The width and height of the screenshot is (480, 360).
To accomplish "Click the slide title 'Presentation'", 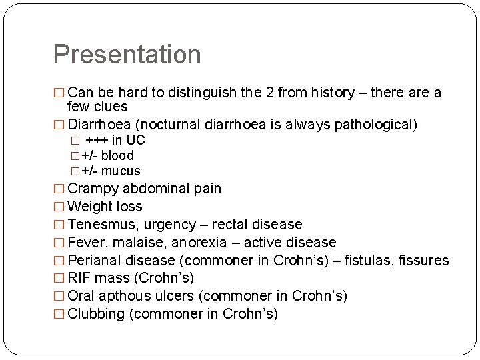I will pos(127,55).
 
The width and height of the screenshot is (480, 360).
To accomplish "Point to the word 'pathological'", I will pos(373,125).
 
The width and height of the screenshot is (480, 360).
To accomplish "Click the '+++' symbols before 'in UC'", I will pos(97,140).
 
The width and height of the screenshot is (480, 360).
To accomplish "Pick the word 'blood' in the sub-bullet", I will pos(117,155).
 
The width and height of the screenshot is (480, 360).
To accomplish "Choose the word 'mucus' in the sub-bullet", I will pos(121,171).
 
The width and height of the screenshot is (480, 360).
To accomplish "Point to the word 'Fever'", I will pos(85,243).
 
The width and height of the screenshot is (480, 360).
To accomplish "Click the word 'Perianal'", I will pos(95,261).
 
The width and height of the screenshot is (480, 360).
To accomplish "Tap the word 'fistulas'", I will pos(373,261).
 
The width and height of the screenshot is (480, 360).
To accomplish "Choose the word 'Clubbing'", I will pos(97,314).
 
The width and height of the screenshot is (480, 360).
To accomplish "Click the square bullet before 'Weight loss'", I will pos(59,207).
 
